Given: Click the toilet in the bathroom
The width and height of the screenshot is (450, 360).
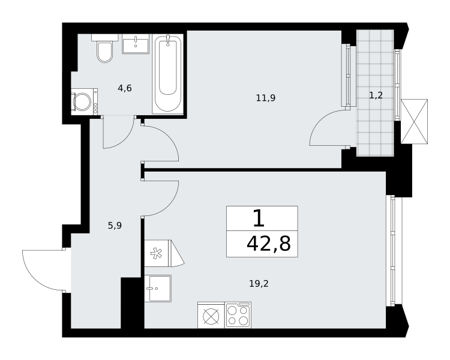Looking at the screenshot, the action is (105, 48).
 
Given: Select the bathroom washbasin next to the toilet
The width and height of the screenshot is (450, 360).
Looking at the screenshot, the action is (136, 44).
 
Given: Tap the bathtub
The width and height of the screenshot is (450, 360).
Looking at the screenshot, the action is (168, 74).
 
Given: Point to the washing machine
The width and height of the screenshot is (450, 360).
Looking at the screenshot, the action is (85, 101).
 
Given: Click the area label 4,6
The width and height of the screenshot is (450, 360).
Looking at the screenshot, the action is (125, 88).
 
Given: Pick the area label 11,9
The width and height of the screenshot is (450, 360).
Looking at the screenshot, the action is (266, 98).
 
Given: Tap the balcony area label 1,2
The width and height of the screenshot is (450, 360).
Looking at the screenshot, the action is (376, 95).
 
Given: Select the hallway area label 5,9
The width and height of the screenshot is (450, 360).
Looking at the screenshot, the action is (115, 226).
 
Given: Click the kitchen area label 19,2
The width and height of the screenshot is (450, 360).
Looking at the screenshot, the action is (259, 284).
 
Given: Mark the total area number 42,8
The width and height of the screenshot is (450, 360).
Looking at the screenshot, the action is (269, 244).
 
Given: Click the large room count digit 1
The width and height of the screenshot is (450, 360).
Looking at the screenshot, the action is (259, 218).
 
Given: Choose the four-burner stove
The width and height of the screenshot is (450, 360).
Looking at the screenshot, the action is (238, 315).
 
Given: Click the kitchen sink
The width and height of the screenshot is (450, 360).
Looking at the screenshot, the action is (158, 289).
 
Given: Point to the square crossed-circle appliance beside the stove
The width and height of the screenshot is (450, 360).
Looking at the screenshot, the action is (211, 315).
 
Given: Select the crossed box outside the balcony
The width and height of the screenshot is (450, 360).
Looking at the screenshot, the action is (414, 121).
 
